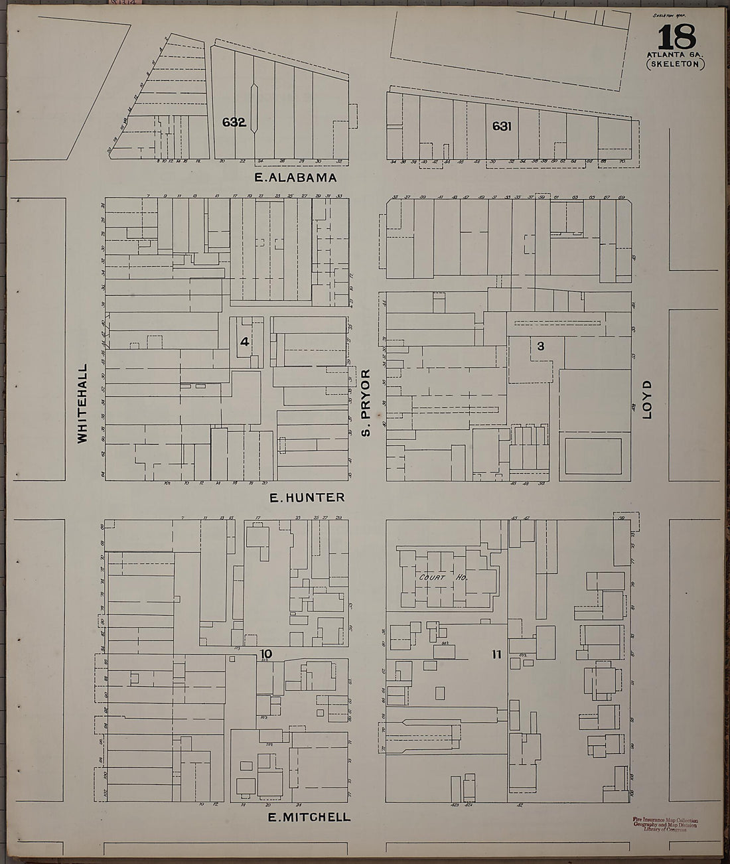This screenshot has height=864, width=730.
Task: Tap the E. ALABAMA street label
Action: tap(296, 178)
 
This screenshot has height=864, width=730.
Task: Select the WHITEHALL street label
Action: tap(82, 403)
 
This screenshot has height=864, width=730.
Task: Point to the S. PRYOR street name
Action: tap(365, 403)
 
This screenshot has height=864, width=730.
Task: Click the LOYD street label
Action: tap(648, 399)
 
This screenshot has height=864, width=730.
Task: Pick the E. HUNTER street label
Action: tap(307, 498)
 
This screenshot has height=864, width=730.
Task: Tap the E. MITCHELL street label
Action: tap(309, 818)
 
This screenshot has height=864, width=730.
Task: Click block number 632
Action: tap(234, 122)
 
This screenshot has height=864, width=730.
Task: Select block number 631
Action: tap(502, 126)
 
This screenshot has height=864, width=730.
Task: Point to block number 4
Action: tap(245, 342)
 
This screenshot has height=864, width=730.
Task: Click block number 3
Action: tap(540, 346)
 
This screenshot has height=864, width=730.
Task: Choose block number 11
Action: tap(496, 654)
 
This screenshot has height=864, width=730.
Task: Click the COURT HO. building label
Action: tap(444, 578)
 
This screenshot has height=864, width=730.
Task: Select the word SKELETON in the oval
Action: tap(675, 64)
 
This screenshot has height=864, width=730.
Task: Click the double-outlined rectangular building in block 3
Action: tap(593, 456)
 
